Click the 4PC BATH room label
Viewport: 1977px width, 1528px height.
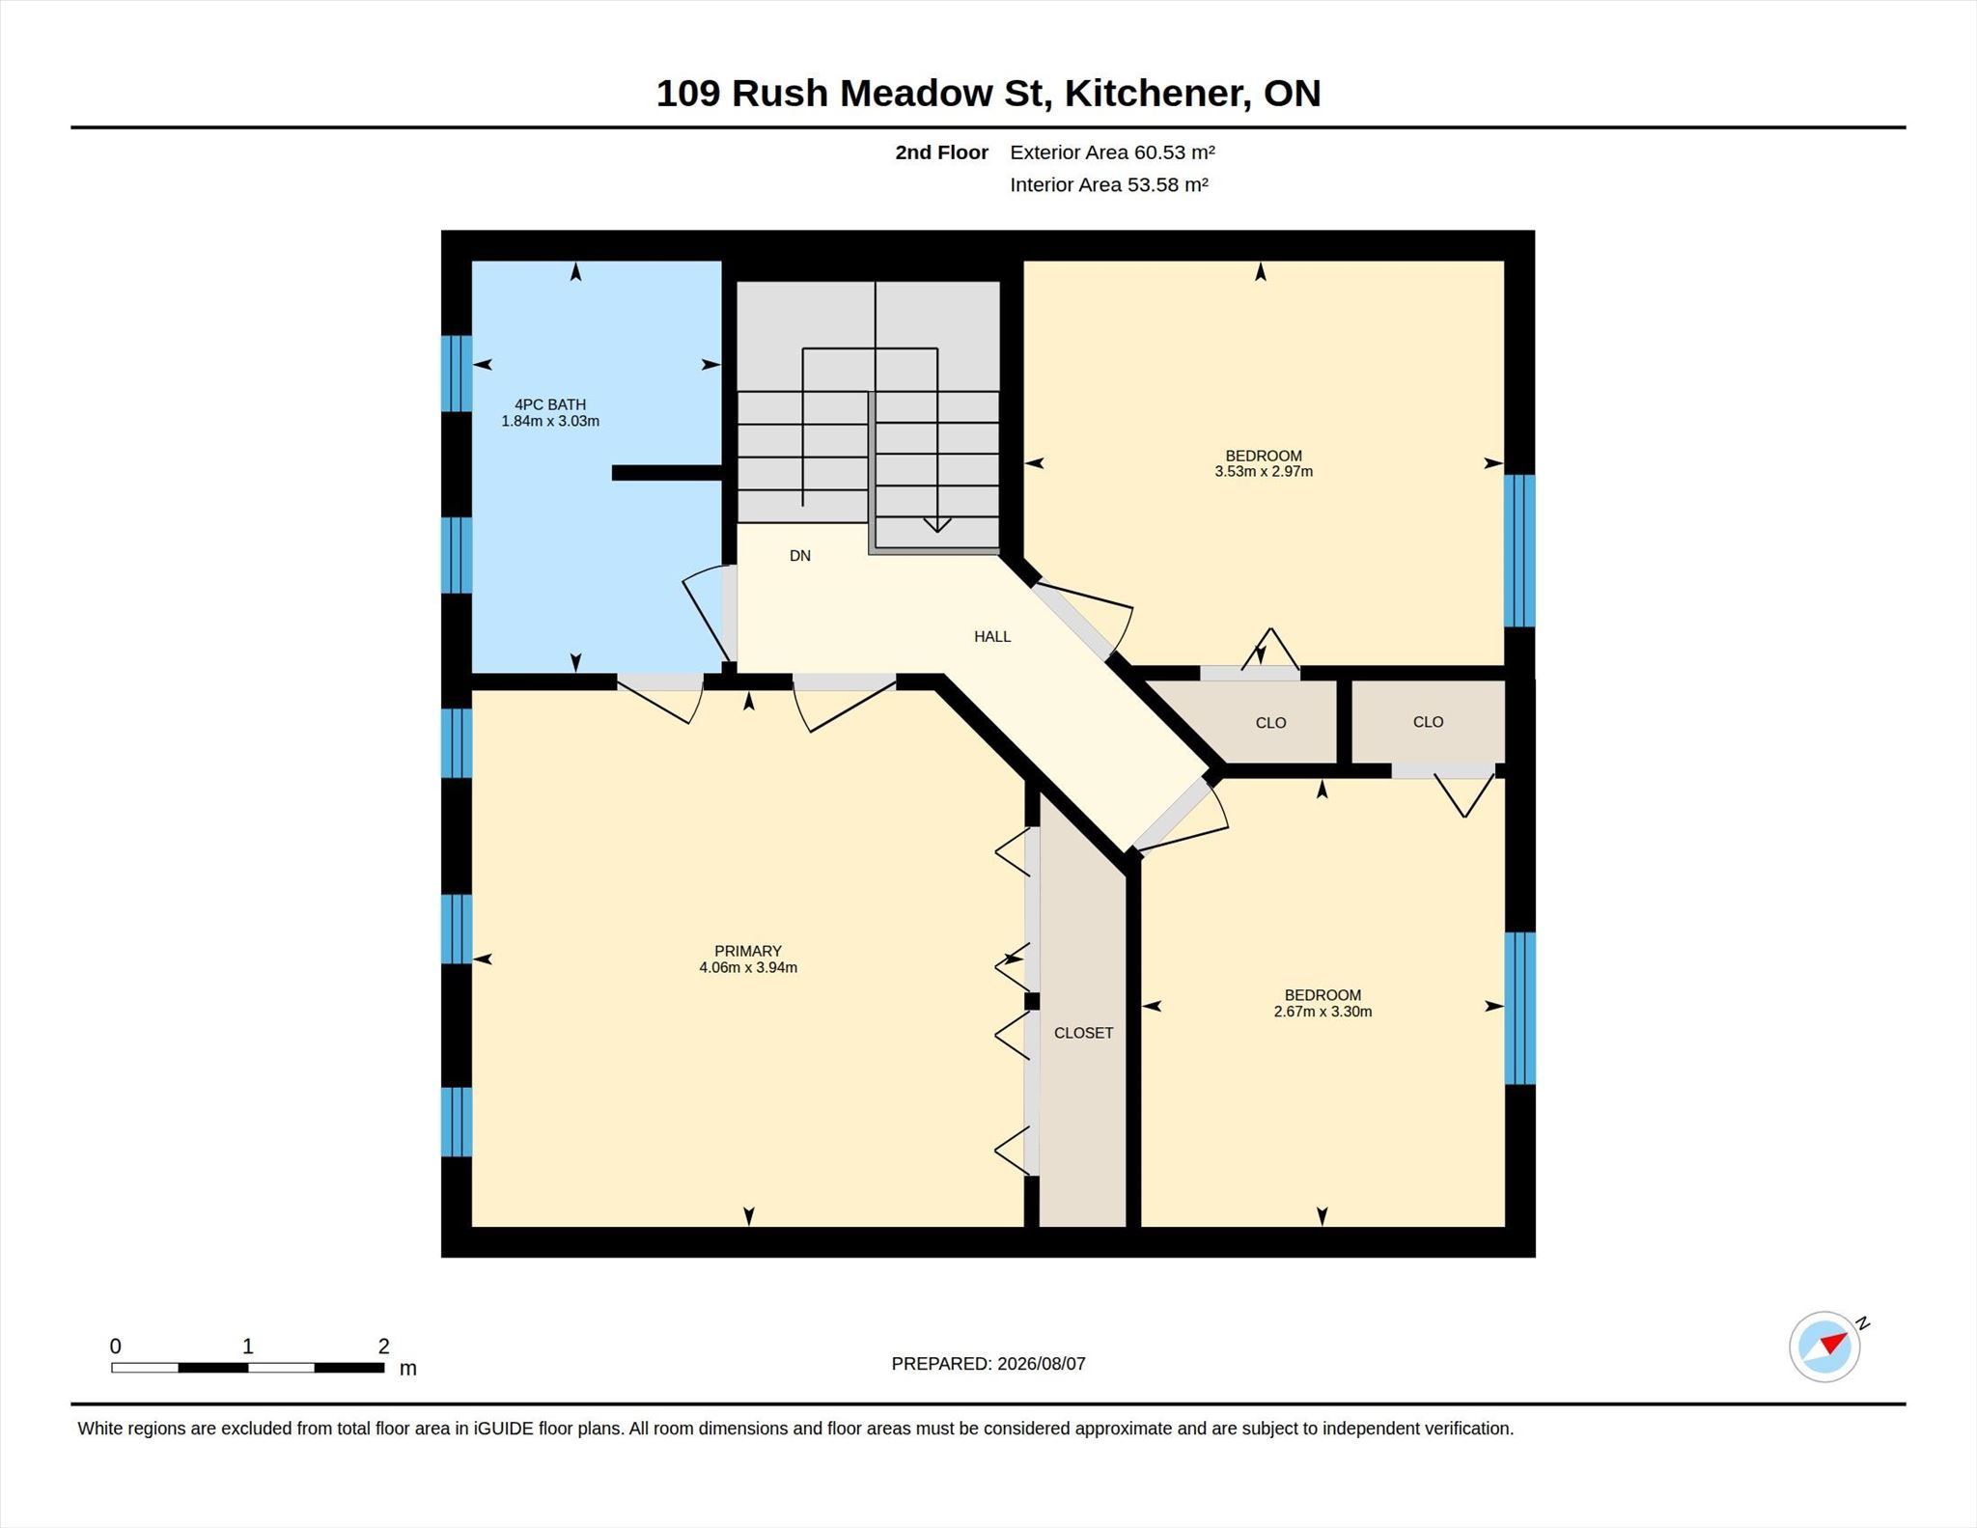click(550, 404)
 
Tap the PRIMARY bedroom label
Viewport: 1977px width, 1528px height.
click(748, 951)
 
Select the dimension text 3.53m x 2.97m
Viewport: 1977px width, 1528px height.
click(1264, 472)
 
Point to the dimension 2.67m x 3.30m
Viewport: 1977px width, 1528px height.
click(1323, 1012)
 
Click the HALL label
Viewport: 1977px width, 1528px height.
click(992, 636)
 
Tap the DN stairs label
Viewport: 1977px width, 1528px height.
click(800, 556)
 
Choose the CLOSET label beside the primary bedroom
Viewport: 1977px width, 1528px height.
click(1083, 1033)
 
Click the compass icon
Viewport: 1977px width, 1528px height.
click(1824, 1347)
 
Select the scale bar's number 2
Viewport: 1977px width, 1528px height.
click(384, 1346)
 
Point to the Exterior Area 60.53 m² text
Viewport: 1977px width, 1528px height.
click(1112, 152)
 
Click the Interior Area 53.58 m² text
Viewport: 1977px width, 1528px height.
click(1109, 184)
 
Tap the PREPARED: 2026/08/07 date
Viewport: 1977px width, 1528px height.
click(988, 1364)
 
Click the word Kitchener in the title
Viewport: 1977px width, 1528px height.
click(1154, 94)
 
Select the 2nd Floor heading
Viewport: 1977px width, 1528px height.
click(941, 152)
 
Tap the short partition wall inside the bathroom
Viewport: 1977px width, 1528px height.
click(667, 473)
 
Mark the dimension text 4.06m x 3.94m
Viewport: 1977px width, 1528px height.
click(748, 967)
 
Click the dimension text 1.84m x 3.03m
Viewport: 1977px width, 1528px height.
click(550, 421)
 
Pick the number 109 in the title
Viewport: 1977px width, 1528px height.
click(687, 94)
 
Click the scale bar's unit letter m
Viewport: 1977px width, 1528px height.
click(408, 1369)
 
